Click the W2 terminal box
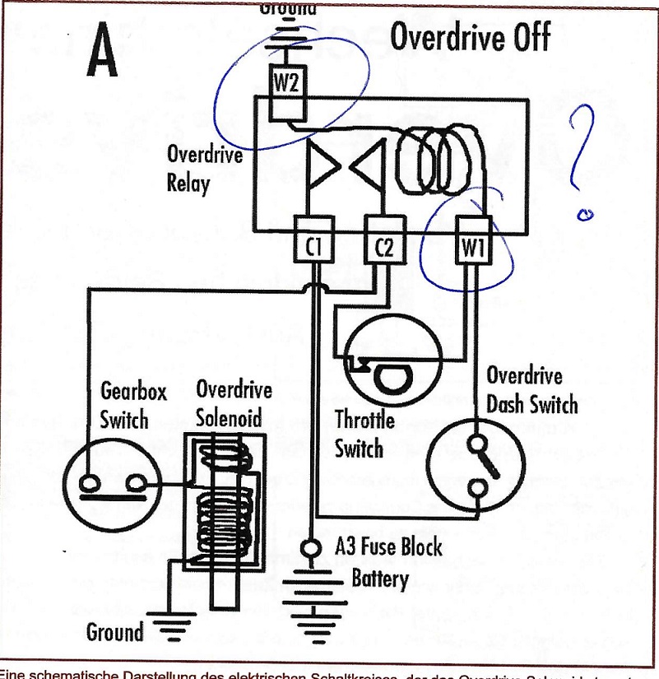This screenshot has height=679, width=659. click(287, 82)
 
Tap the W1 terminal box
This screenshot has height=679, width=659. click(472, 246)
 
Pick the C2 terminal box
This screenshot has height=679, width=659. click(383, 246)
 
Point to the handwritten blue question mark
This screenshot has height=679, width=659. click(582, 160)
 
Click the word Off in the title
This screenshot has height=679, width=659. click(521, 38)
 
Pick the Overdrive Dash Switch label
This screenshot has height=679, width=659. click(530, 390)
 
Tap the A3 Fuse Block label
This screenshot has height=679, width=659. click(388, 548)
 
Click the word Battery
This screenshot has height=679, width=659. click(380, 578)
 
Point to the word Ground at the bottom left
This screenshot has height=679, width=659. click(114, 632)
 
